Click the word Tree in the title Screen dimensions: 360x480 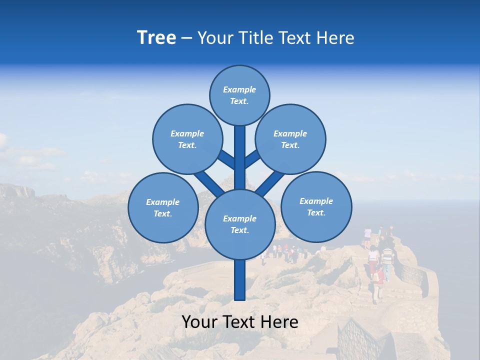coord(156,38)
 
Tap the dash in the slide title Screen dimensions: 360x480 coord(186,38)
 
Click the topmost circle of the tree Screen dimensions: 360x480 coord(239,95)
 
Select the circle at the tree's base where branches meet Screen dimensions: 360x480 coord(240,224)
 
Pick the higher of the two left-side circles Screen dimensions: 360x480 coord(187,139)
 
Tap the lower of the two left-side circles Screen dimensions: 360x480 coord(163,208)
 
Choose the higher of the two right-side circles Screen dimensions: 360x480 coord(290,139)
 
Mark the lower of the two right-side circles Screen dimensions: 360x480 coord(316,207)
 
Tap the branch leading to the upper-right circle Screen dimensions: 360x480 coord(252,159)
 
